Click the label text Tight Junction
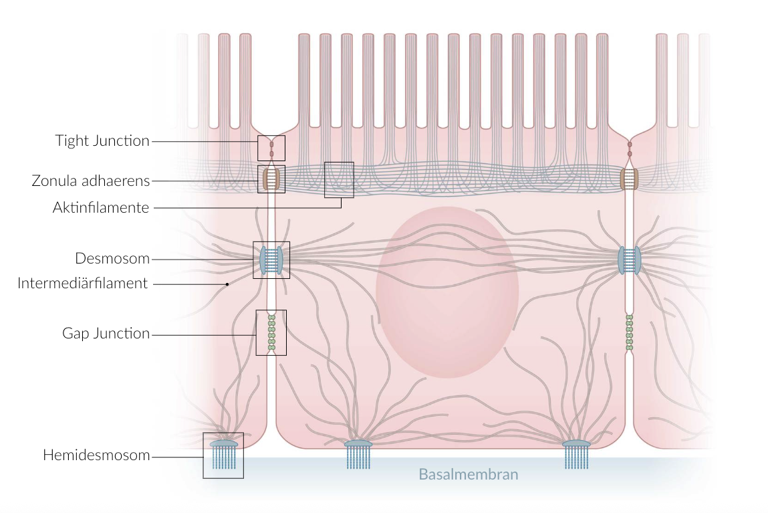click(x=102, y=140)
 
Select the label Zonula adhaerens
click(x=91, y=181)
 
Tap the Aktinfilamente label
click(x=101, y=207)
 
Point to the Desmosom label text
click(x=112, y=258)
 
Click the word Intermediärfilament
click(x=82, y=283)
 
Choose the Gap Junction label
click(x=106, y=333)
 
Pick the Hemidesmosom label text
click(x=96, y=455)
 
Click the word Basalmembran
click(x=468, y=474)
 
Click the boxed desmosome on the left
click(x=271, y=260)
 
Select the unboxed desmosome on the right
click(x=629, y=260)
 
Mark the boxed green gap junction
click(x=271, y=332)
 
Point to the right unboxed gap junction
click(x=629, y=332)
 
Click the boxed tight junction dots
click(x=271, y=148)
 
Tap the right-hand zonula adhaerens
click(x=629, y=179)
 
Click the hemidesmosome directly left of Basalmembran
click(x=358, y=453)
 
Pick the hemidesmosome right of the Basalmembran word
click(x=575, y=453)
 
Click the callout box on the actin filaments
click(x=339, y=180)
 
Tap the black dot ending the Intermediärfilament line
click(x=227, y=284)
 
